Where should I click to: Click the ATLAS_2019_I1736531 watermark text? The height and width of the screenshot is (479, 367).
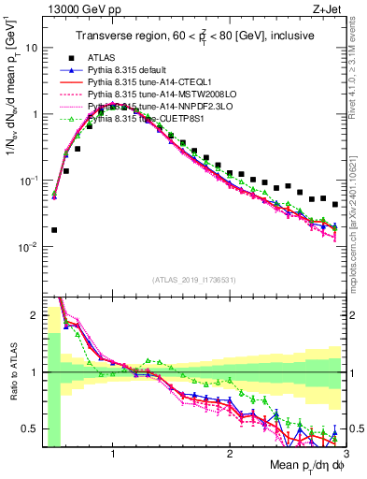pyautogui.click(x=193, y=279)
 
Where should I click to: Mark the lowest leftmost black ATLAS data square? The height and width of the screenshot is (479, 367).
pyautogui.click(x=54, y=229)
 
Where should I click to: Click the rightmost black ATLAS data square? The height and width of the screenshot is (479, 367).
pyautogui.click(x=335, y=203)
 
